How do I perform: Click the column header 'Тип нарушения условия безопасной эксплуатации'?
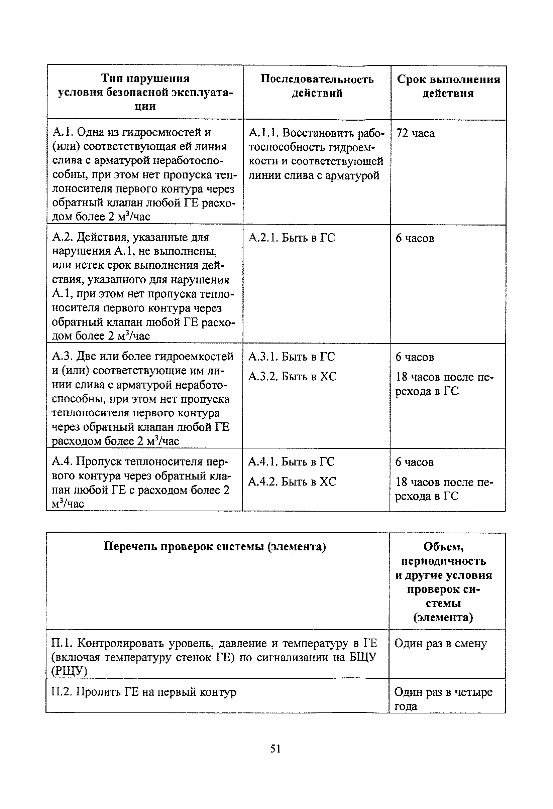[145, 92]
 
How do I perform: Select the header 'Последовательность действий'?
[317, 86]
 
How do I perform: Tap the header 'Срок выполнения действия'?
[448, 86]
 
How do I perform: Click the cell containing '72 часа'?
[415, 134]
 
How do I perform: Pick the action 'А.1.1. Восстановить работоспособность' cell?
[316, 154]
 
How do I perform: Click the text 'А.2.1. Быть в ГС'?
[292, 238]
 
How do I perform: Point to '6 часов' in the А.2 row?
[415, 239]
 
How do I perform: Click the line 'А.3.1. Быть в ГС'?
[291, 357]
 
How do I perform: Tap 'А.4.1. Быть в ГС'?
[291, 461]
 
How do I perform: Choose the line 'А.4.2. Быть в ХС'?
[292, 482]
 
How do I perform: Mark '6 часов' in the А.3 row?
[414, 357]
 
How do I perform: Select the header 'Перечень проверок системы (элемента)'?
[215, 547]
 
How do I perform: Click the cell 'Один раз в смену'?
[440, 644]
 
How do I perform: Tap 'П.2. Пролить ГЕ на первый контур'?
[144, 692]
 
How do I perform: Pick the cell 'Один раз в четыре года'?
[443, 699]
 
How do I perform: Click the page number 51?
[275, 749]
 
